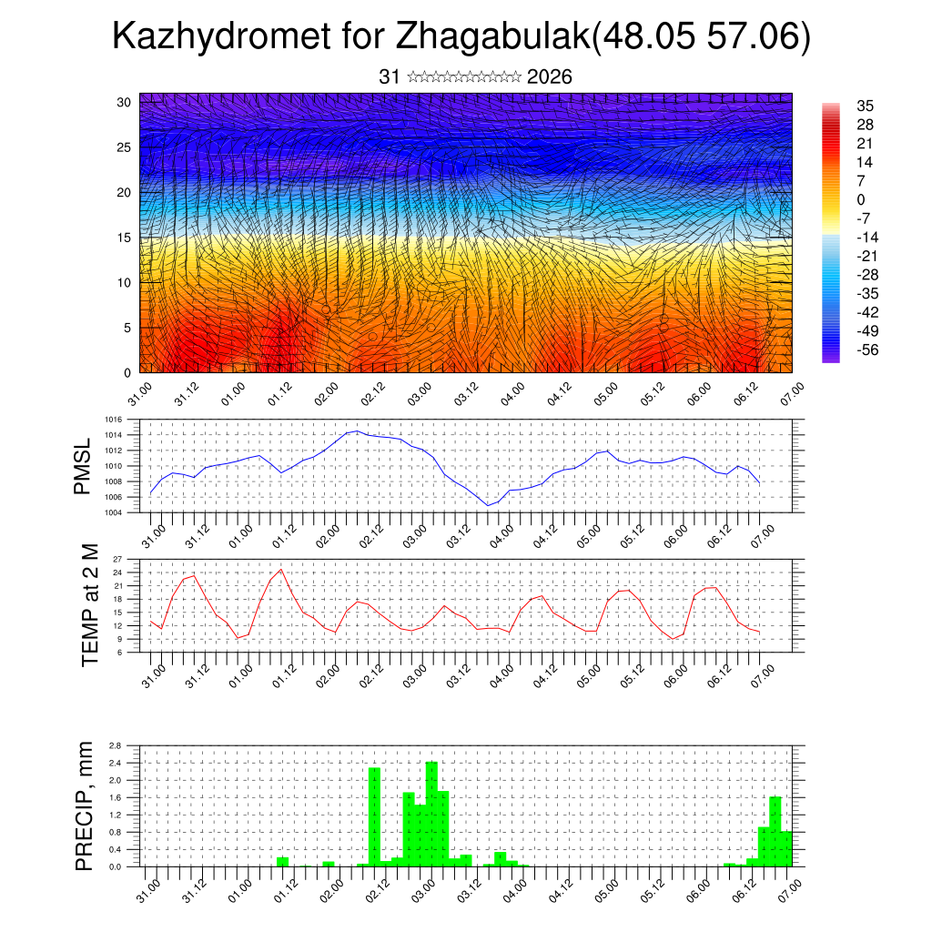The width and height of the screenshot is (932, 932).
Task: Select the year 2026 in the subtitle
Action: pyautogui.click(x=549, y=77)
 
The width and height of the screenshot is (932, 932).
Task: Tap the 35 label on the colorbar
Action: pyautogui.click(x=865, y=106)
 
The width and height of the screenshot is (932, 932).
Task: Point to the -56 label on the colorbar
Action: pyautogui.click(x=866, y=349)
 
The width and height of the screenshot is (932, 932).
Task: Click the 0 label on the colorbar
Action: pyautogui.click(x=860, y=199)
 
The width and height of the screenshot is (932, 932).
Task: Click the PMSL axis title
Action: pyautogui.click(x=83, y=467)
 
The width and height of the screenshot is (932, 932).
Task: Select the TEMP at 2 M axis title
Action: pyautogui.click(x=89, y=605)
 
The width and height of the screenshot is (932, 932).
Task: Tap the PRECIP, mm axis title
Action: pyautogui.click(x=85, y=805)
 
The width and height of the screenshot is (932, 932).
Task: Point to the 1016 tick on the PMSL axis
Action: pyautogui.click(x=114, y=420)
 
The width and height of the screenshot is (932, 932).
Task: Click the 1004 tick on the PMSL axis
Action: pyautogui.click(x=114, y=512)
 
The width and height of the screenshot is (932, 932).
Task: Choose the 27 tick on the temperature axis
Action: pyautogui.click(x=117, y=559)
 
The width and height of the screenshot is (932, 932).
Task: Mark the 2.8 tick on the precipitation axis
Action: pyautogui.click(x=115, y=745)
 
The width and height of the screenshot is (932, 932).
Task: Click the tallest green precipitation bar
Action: pyautogui.click(x=431, y=814)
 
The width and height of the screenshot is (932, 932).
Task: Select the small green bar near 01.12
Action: pyautogui.click(x=282, y=861)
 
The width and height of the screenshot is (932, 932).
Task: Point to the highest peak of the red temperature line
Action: pyautogui.click(x=280, y=570)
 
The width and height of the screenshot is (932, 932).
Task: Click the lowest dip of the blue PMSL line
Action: pyautogui.click(x=489, y=505)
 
